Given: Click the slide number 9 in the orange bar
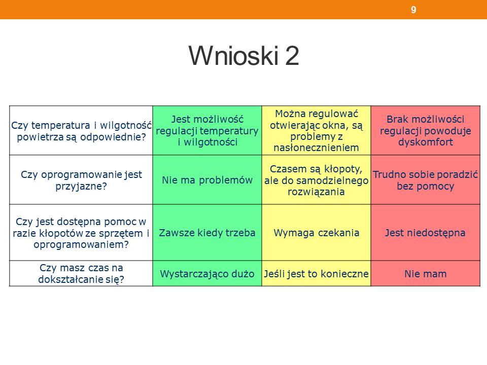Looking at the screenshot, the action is (413, 10).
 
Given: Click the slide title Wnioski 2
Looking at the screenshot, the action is (244, 56).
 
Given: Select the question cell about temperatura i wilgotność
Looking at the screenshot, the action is (81, 130).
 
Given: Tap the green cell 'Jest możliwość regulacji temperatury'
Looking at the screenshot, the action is (207, 130).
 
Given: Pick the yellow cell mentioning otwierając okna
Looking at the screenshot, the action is (316, 130).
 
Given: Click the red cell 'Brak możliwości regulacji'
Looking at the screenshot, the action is (426, 130).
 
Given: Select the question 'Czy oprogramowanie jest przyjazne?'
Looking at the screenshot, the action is (81, 179).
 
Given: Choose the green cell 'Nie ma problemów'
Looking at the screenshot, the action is (207, 179).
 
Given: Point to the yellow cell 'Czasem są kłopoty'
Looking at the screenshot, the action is (316, 179).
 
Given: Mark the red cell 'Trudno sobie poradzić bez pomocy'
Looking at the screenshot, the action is (426, 179).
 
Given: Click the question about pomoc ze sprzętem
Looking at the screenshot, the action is (81, 233).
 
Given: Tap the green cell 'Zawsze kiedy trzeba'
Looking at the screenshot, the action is (207, 233).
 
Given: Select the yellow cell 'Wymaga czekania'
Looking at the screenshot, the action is (316, 233).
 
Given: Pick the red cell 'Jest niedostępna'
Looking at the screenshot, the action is (426, 233).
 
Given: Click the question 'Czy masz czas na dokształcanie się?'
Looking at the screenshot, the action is (81, 273).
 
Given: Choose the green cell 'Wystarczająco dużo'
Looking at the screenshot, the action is (207, 273).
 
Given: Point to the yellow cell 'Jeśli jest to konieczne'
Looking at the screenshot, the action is (316, 273).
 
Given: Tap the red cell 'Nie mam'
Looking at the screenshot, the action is (426, 273).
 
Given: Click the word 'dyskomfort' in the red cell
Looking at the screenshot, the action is (426, 142).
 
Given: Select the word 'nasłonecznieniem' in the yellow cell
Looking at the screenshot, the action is (316, 148).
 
